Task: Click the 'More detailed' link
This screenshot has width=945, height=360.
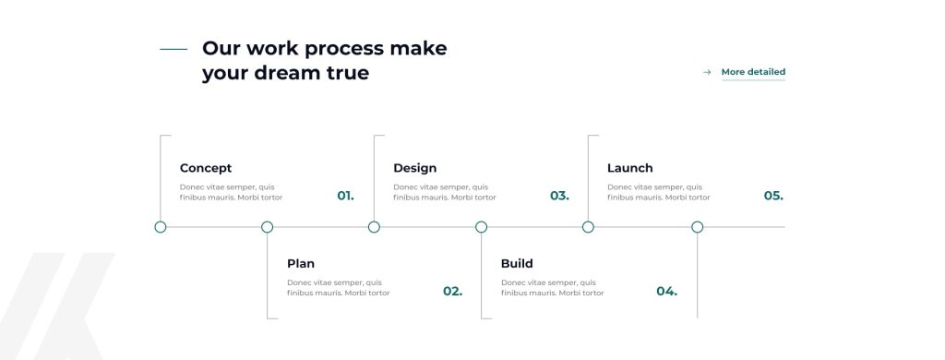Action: coord(753,72)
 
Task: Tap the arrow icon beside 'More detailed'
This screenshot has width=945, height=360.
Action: coord(707,72)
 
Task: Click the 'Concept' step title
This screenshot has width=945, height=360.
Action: coord(206,168)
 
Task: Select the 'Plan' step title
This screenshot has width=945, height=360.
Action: coord(301,263)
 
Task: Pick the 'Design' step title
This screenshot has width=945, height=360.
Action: coord(414,168)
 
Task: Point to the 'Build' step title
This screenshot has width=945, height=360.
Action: coord(517,263)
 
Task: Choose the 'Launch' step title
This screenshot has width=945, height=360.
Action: coord(629,168)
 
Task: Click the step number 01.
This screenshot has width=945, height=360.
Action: coord(345,196)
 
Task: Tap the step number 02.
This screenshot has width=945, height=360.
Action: coord(452,292)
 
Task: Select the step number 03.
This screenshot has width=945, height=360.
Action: coord(559,196)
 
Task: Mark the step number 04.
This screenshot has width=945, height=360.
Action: coord(666,292)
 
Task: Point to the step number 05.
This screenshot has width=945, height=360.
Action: coord(773,196)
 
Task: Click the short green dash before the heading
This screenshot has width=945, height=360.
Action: coord(173,50)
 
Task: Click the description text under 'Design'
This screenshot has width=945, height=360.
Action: coord(445,192)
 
